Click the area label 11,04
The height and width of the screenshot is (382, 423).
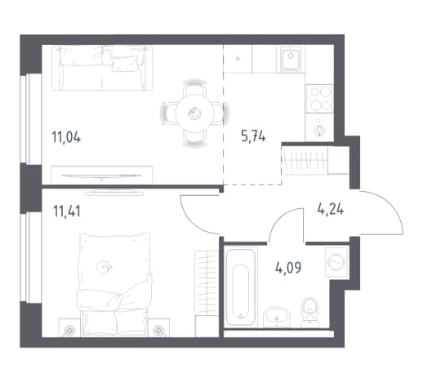66,137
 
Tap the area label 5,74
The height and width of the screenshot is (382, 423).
253,136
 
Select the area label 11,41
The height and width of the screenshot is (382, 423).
67,211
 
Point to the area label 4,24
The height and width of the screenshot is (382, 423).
331,210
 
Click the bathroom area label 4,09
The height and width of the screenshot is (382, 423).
288,268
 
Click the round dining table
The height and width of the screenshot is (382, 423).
194,113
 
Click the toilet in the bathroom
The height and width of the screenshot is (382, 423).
310,311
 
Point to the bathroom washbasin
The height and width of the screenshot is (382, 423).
277,317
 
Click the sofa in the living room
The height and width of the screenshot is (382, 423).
102,68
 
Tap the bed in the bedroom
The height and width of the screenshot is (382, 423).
114,284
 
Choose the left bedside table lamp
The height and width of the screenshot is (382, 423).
69,331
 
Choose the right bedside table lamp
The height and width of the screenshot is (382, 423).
158,331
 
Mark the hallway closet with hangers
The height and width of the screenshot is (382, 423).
315,160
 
